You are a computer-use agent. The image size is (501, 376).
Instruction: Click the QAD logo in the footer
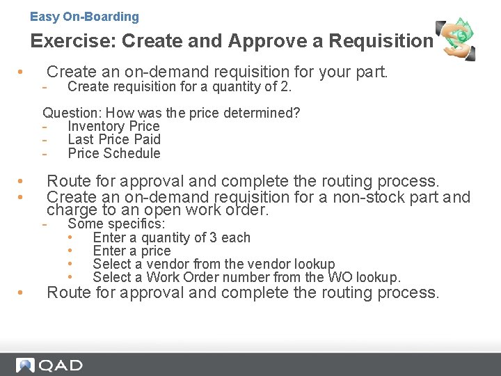pyautogui.click(x=49, y=365)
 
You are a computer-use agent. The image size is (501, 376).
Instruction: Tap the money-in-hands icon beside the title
pyautogui.click(x=456, y=40)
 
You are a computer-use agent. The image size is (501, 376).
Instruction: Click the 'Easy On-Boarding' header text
pyautogui.click(x=84, y=17)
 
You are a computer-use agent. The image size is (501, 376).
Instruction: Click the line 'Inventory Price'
pyautogui.click(x=113, y=126)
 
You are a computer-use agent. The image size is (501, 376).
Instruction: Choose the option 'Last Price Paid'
pyautogui.click(x=113, y=139)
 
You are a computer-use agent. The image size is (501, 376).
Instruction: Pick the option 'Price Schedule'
pyautogui.click(x=113, y=153)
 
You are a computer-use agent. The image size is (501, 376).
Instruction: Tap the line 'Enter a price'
pyautogui.click(x=132, y=251)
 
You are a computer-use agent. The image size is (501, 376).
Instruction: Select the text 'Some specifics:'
pyautogui.click(x=116, y=224)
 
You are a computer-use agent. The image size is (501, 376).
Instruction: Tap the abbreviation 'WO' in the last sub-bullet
pyautogui.click(x=339, y=277)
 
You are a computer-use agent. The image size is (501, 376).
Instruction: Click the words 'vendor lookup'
pyautogui.click(x=294, y=264)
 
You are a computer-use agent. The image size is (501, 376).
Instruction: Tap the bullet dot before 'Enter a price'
pyautogui.click(x=71, y=251)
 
